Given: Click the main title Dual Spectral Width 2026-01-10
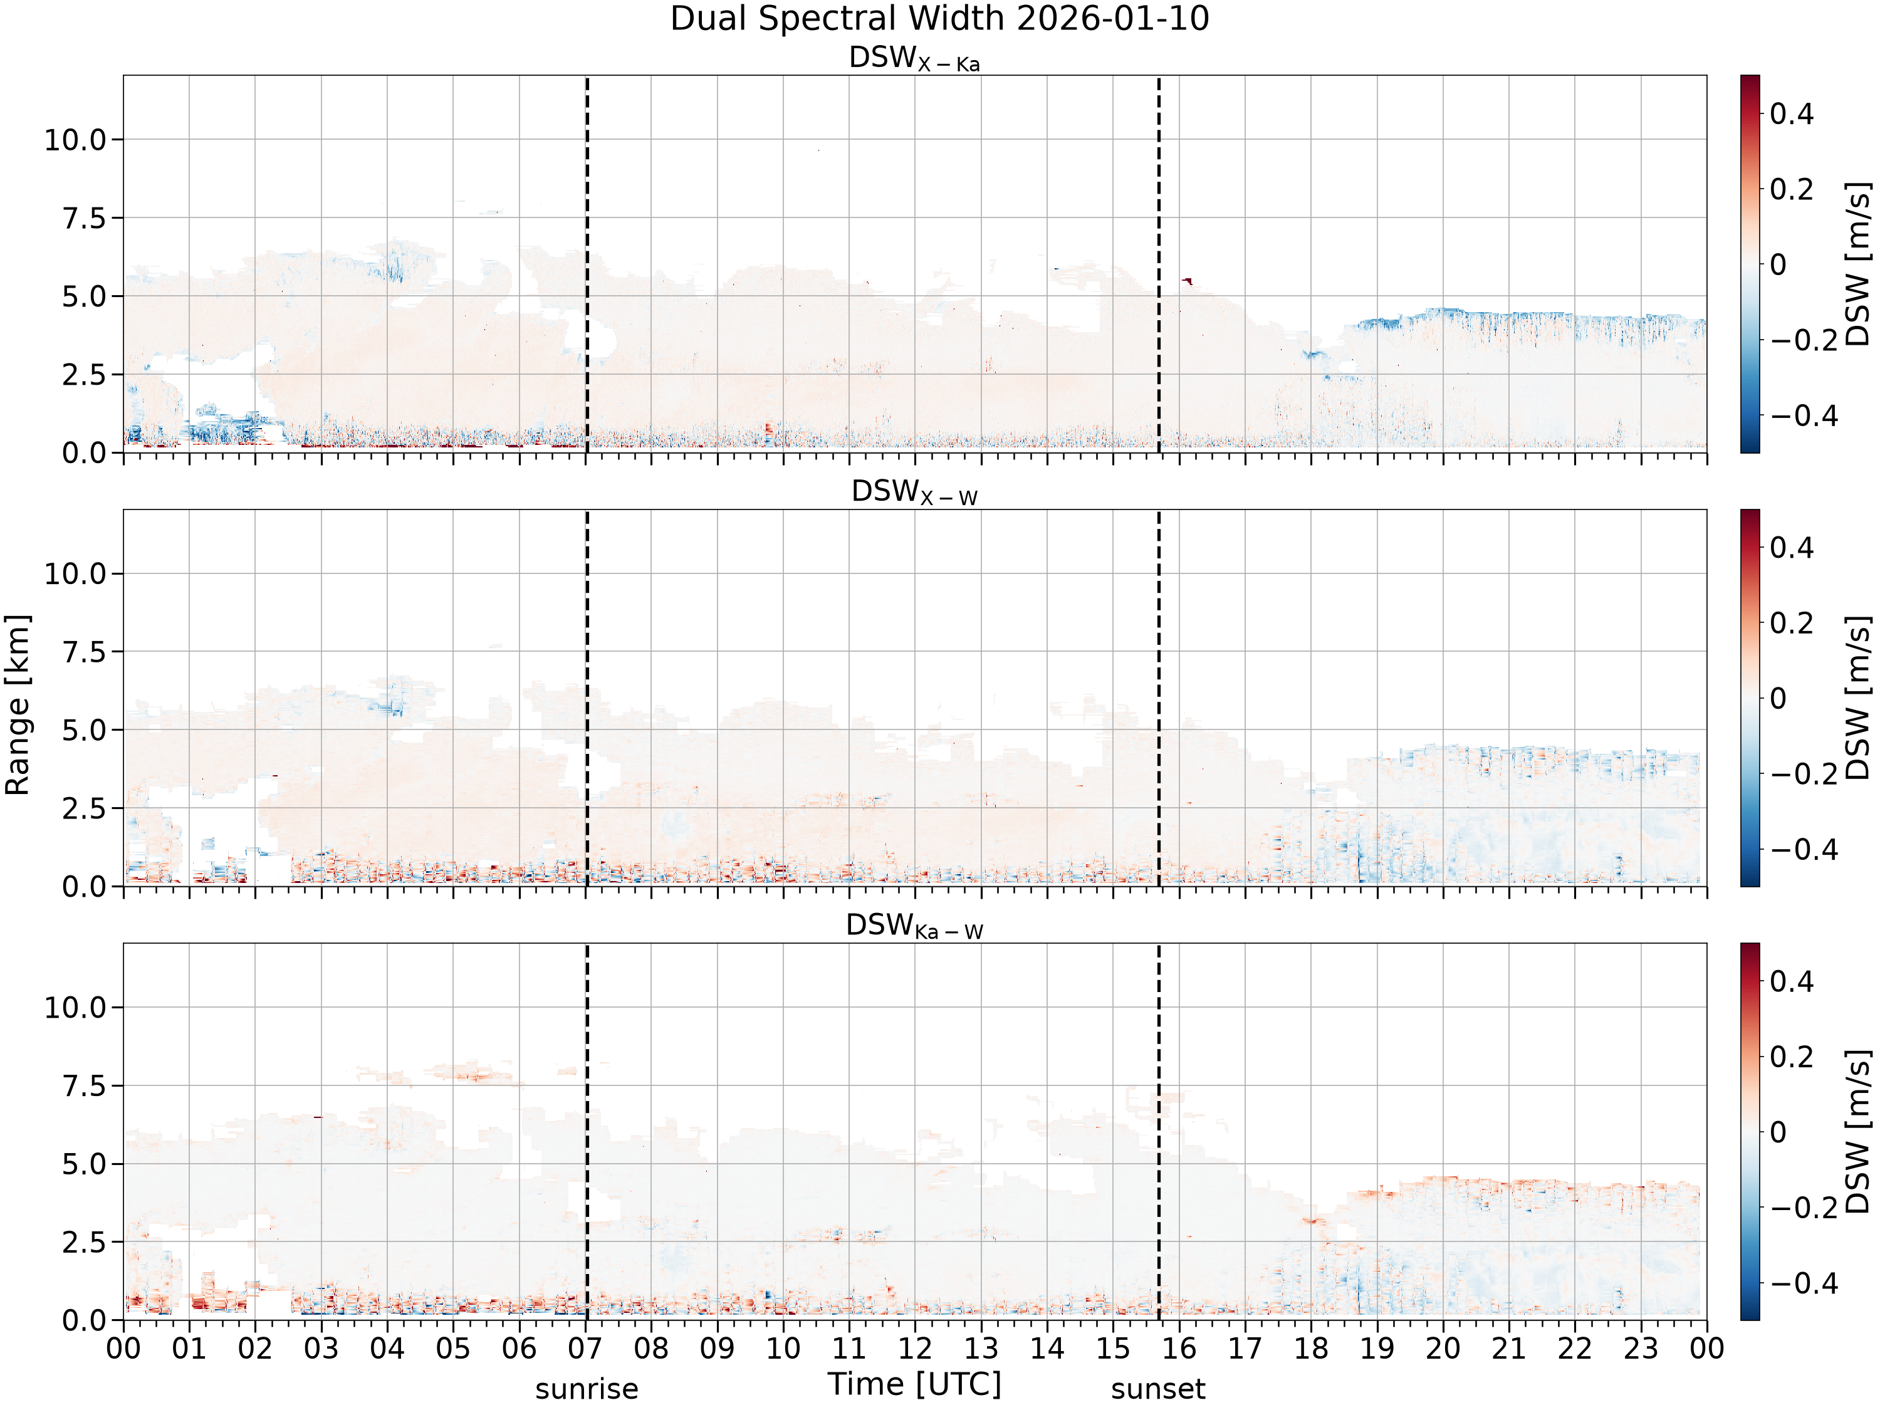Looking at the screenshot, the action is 939,19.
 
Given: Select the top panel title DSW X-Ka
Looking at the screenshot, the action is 914,59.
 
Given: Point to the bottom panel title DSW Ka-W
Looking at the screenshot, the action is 914,926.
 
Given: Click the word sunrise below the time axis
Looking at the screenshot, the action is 587,1389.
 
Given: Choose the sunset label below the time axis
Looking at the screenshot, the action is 1157,1389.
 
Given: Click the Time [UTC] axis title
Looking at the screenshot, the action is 914,1384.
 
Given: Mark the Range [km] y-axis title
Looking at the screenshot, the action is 17,704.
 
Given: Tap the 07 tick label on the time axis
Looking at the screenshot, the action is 585,1349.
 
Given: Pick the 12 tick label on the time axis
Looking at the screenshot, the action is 916,1349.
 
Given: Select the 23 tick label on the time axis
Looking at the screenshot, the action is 1641,1349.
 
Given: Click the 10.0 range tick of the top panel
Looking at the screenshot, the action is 76,139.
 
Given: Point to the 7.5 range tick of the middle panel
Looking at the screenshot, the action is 86,652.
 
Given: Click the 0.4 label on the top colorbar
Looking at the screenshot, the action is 1792,114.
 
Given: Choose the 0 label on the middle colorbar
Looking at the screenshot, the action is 1778,699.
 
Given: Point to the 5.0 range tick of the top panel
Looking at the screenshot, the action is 86,296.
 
